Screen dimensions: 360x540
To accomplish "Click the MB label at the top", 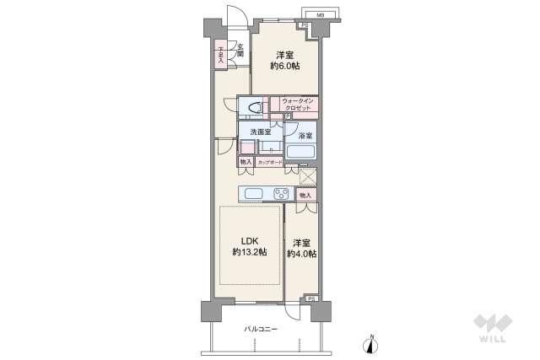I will tap(321, 14).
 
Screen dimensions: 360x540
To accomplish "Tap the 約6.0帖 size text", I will tap(283, 65).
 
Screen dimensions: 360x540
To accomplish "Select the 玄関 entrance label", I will tap(240, 50).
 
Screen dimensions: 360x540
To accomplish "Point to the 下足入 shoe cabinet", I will tap(221, 56).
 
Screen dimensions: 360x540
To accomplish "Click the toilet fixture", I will tap(251, 108).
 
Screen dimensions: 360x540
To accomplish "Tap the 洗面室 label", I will tap(260, 132).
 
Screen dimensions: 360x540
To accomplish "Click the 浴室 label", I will tap(305, 136).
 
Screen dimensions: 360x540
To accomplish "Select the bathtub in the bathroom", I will tap(301, 153).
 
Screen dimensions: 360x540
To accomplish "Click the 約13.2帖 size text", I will tap(251, 253).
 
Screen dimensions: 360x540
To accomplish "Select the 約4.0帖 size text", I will tap(301, 254).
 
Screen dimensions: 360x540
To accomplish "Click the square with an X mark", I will tap(309, 177).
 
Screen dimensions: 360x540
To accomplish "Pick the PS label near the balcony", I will tap(310, 299).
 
